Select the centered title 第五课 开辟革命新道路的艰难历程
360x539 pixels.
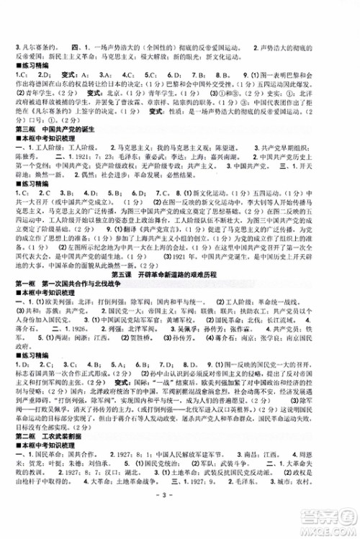(179, 274)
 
